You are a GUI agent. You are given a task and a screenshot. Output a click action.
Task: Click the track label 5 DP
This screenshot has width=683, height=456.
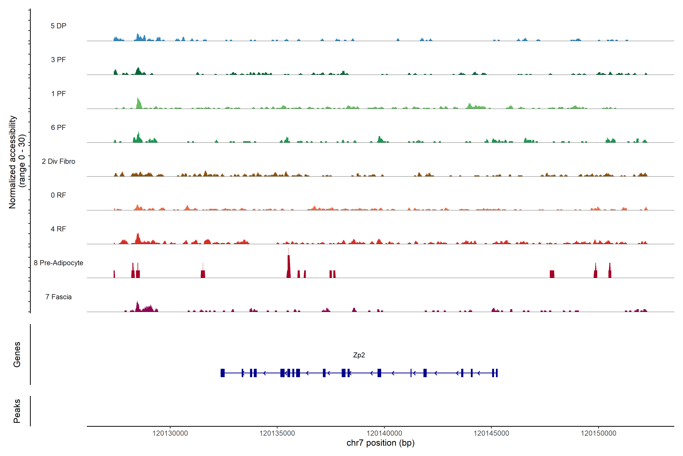tap(58, 26)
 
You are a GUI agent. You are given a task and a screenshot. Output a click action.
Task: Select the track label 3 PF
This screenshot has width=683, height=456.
tap(58, 60)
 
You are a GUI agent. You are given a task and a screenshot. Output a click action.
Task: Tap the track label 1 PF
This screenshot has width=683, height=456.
tap(58, 94)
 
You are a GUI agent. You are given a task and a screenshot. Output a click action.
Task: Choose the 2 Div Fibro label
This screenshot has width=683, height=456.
tap(58, 161)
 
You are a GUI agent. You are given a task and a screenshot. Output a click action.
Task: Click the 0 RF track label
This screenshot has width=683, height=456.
tap(58, 195)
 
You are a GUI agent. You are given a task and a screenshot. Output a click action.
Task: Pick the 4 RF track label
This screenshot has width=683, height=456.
tap(58, 229)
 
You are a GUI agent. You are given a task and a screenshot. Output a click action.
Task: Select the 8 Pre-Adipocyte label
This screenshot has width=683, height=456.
tap(58, 263)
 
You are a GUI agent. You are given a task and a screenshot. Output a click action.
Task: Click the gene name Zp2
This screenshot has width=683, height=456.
tap(359, 355)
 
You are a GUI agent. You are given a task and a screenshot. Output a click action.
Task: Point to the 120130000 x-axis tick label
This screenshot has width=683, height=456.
tap(170, 433)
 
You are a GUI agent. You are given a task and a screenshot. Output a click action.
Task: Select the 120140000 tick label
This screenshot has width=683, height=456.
tap(384, 433)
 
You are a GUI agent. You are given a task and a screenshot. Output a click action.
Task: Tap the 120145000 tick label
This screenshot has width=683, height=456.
tap(491, 433)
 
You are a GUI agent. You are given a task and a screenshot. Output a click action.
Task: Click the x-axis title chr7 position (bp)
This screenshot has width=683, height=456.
tap(380, 443)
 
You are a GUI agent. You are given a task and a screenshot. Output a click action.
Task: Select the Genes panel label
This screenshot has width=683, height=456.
tap(17, 355)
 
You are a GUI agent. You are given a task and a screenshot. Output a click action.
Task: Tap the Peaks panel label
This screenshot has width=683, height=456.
tap(17, 411)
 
